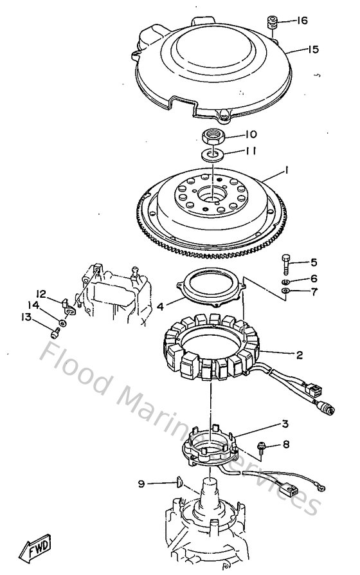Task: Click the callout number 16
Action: click(x=301, y=21)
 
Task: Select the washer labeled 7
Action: click(x=285, y=293)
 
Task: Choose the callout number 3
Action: click(x=285, y=424)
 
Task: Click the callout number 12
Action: click(x=40, y=293)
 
